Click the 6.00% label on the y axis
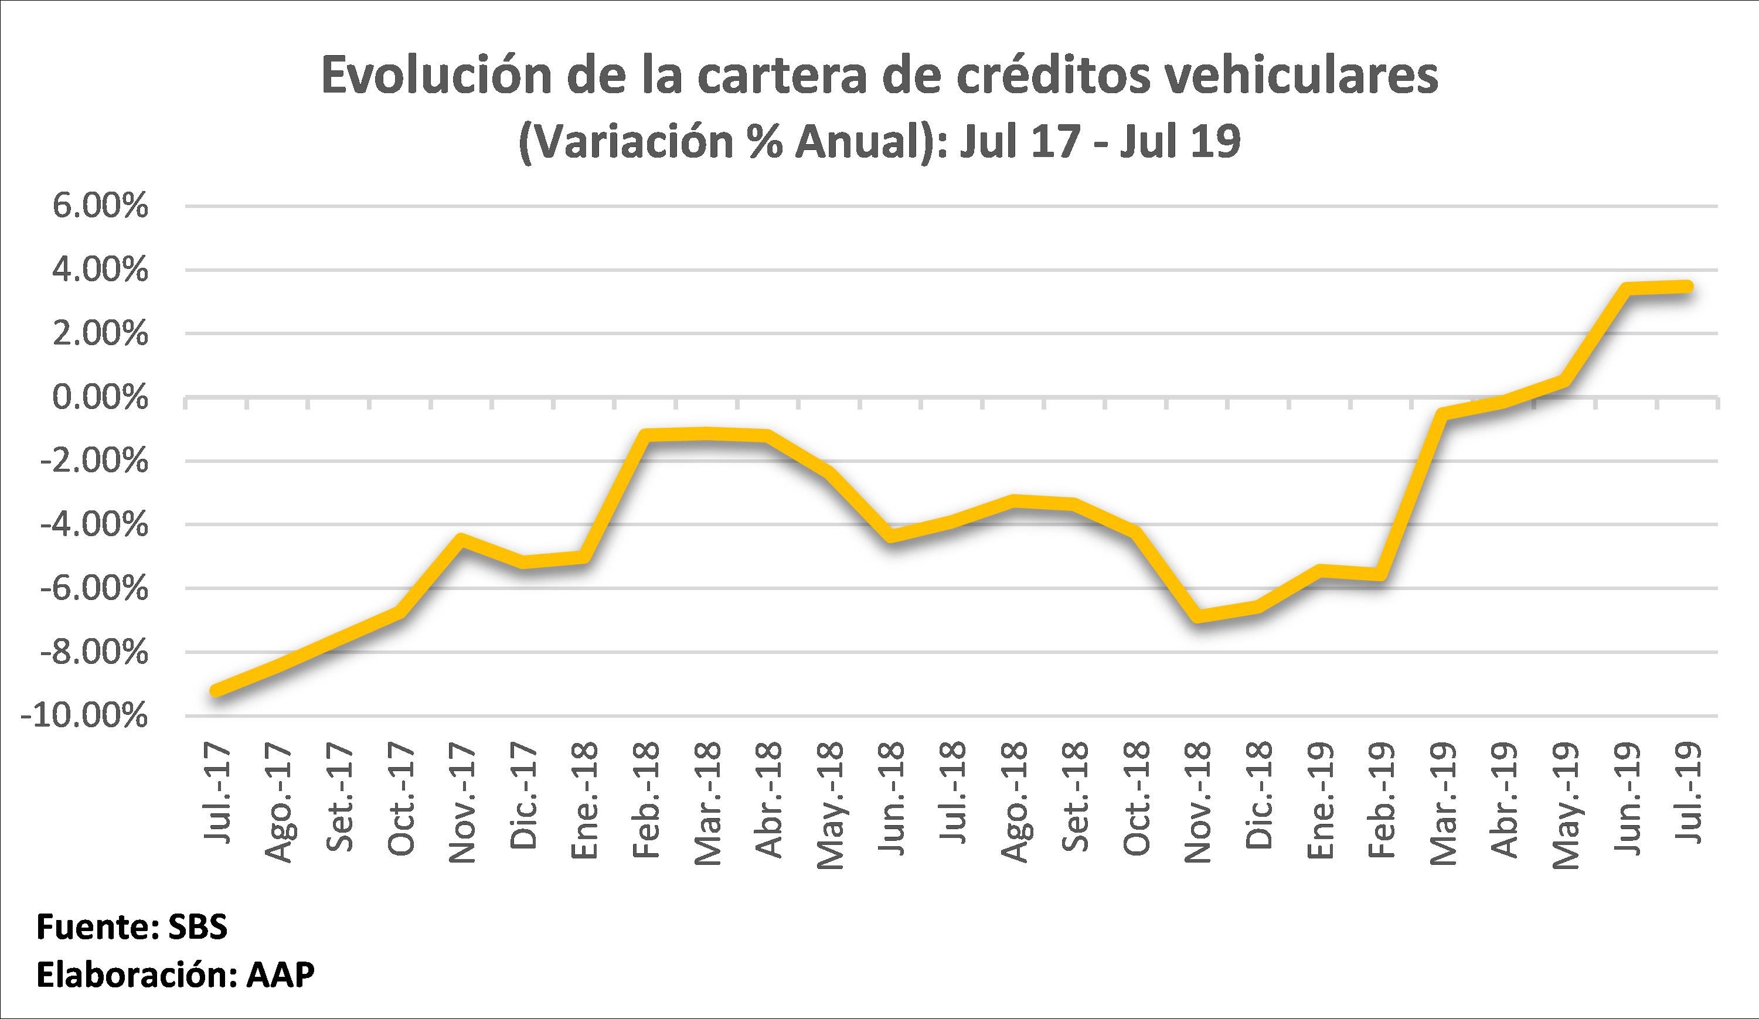click(x=100, y=207)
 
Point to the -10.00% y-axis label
click(x=85, y=716)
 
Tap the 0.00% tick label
click(x=100, y=398)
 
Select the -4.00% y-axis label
click(x=94, y=525)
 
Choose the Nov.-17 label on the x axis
click(x=462, y=803)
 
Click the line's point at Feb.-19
click(x=1381, y=575)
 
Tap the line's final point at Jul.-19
click(x=1686, y=286)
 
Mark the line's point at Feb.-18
click(x=647, y=435)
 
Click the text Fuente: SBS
click(x=132, y=928)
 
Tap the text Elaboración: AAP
click(x=175, y=975)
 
